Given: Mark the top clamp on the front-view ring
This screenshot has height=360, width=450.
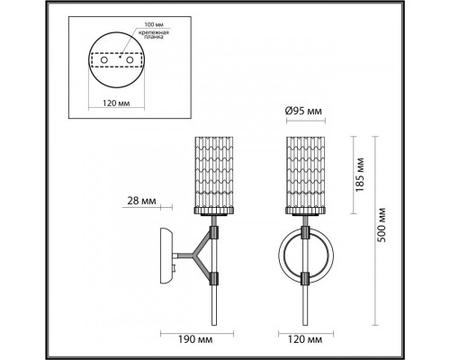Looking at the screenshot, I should (308, 232).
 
